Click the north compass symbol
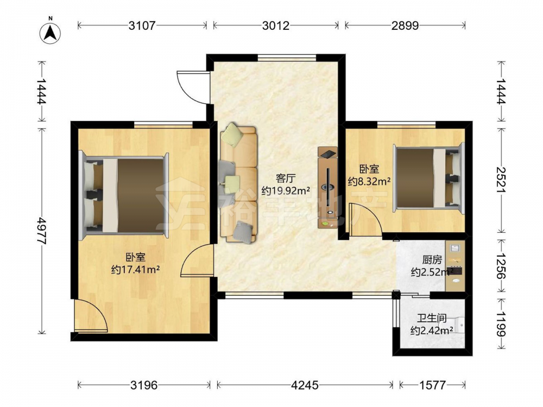tap(50, 33)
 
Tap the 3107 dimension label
tap(142, 26)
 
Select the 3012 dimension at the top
tap(276, 26)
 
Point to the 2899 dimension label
tap(405, 26)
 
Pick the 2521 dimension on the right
tap(501, 180)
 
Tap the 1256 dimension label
tap(501, 266)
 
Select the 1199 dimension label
tap(501, 323)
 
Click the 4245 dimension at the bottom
tap(305, 385)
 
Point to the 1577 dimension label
tap(432, 385)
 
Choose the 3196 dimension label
tap(144, 385)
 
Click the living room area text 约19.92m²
tap(286, 190)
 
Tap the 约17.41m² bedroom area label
tap(135, 269)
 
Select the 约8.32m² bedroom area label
tap(369, 181)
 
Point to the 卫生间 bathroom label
tap(432, 317)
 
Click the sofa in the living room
tap(238, 185)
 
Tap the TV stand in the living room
tap(327, 187)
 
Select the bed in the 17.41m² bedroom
tap(124, 195)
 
